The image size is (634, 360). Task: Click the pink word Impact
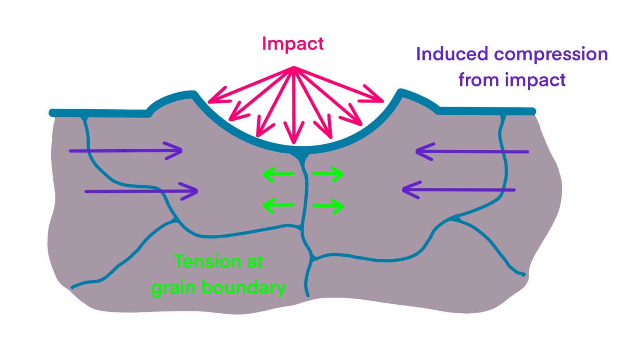[292, 43]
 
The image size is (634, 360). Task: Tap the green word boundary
[244, 287]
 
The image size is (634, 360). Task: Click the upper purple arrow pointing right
[126, 151]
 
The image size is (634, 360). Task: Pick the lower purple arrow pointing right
[141, 191]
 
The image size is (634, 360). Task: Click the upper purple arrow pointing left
[472, 152]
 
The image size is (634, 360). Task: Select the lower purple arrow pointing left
[459, 190]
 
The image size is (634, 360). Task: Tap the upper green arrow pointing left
[278, 174]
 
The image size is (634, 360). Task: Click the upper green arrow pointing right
[328, 174]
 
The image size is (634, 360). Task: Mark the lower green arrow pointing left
[278, 205]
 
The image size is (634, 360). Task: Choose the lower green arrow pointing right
[328, 205]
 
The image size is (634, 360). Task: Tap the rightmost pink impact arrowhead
[377, 98]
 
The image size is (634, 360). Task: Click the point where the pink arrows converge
[294, 68]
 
